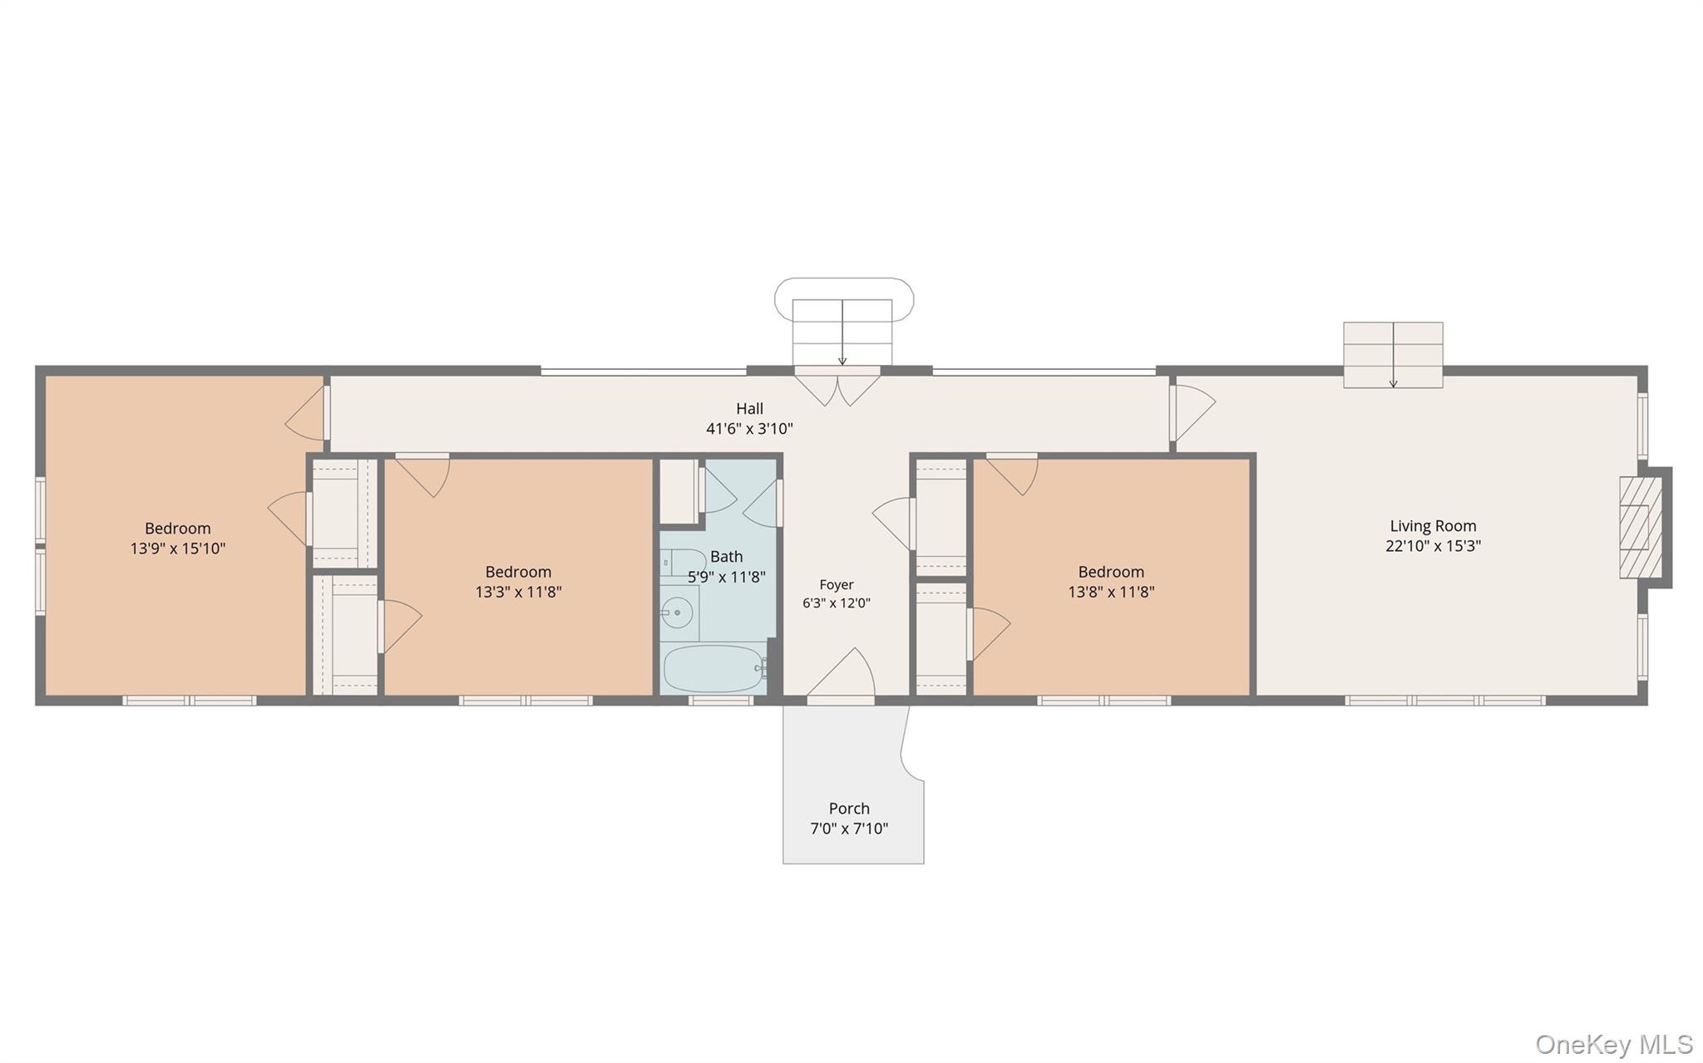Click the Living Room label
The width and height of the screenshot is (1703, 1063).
pos(1433,526)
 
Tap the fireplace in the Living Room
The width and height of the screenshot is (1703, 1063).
pos(1641,528)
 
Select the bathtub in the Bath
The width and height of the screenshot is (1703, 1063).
pos(715,668)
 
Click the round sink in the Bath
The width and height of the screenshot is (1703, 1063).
pos(679,613)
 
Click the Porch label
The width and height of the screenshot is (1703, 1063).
pos(849,809)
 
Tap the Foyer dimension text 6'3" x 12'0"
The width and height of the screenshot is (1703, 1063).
pos(837,603)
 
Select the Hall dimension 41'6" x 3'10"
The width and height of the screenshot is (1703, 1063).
pos(749,429)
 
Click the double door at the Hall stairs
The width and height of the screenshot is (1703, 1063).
pos(837,387)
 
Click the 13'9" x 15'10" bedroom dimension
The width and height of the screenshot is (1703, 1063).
pos(178,549)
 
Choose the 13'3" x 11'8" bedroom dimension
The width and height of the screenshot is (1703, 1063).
pos(518,592)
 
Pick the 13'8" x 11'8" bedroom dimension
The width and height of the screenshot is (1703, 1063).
pos(1111,592)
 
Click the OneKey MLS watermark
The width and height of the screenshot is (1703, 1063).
pos(1614,1044)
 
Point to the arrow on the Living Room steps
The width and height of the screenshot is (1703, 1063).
pos(1394,355)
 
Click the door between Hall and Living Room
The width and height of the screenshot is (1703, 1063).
pos(1192,409)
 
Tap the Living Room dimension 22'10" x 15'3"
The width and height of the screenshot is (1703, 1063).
pos(1433,546)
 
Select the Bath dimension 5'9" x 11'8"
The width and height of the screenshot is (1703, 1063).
pos(727,577)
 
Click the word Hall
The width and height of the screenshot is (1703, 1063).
pos(749,409)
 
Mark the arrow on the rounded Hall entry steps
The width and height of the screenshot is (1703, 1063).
pos(842,332)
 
